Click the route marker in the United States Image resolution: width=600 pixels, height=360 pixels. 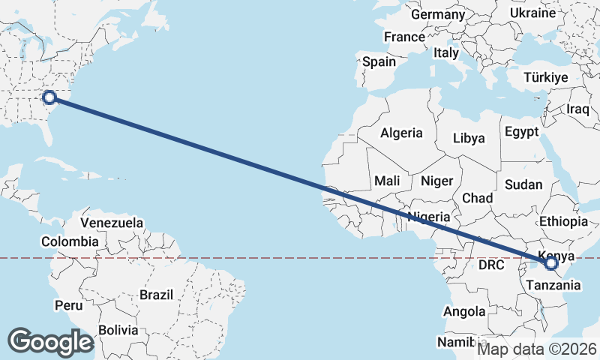coord(49,97)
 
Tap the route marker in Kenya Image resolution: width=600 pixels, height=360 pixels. coord(551,263)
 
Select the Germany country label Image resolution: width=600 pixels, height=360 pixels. coord(438,14)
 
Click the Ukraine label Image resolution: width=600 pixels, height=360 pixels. coord(532,13)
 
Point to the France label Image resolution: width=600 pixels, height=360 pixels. coord(404,37)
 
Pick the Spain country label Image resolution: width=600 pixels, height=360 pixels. coord(379,62)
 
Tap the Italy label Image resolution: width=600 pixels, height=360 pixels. coord(446,53)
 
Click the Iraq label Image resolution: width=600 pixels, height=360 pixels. coord(578,109)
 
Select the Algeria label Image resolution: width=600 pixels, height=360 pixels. coord(401,133)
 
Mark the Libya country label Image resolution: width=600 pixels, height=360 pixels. coord(469,138)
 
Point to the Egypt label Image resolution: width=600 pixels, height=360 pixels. coord(521,131)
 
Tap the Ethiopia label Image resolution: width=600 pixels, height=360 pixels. coord(563,221)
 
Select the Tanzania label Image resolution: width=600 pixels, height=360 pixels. coord(553,285)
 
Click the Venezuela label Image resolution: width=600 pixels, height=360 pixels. coord(112,223)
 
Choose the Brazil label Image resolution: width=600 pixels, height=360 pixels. coord(156,295)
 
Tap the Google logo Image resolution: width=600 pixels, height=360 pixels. coord(50,342)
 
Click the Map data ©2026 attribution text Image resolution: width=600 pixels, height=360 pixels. coord(538,349)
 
